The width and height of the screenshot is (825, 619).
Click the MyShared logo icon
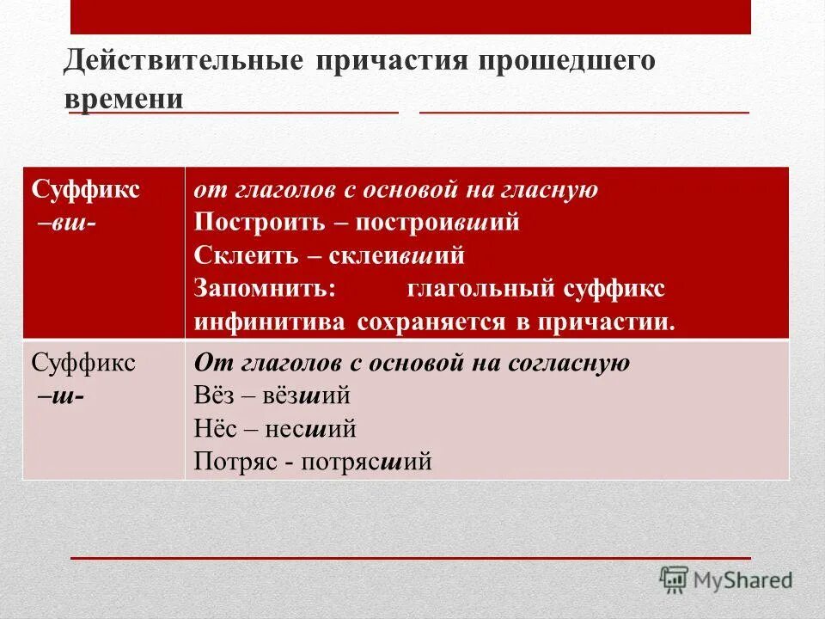[x=675, y=579]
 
